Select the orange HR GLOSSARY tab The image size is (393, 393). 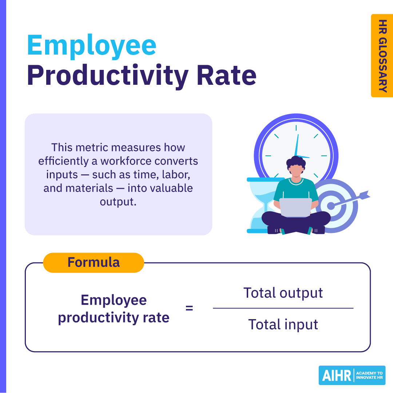click(382, 56)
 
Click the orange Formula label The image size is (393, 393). click(94, 262)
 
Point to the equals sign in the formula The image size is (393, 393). click(189, 308)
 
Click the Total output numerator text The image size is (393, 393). click(283, 293)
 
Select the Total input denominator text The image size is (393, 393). click(283, 324)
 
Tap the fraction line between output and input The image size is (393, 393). click(283, 308)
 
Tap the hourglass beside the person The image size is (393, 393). click(261, 206)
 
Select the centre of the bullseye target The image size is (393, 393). click(330, 206)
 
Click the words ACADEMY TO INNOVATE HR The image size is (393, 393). click(369, 376)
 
